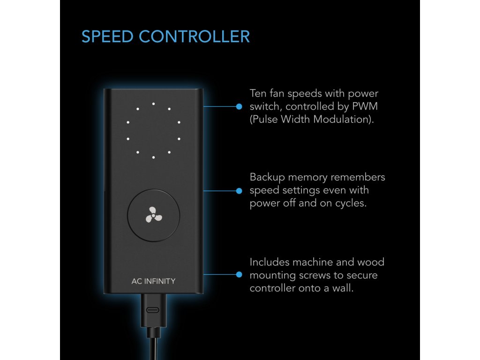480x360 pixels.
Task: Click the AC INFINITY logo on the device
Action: (x=153, y=281)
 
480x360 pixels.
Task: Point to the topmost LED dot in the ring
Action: (x=153, y=104)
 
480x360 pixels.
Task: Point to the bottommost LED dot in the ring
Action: (x=153, y=157)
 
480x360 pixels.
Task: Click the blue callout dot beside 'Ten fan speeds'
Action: (x=239, y=106)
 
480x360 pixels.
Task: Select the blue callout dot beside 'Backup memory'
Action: (x=239, y=191)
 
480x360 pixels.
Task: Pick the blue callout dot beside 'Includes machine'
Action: (x=239, y=275)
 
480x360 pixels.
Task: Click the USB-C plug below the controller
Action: (x=153, y=310)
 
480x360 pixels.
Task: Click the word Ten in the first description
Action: (x=258, y=93)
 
